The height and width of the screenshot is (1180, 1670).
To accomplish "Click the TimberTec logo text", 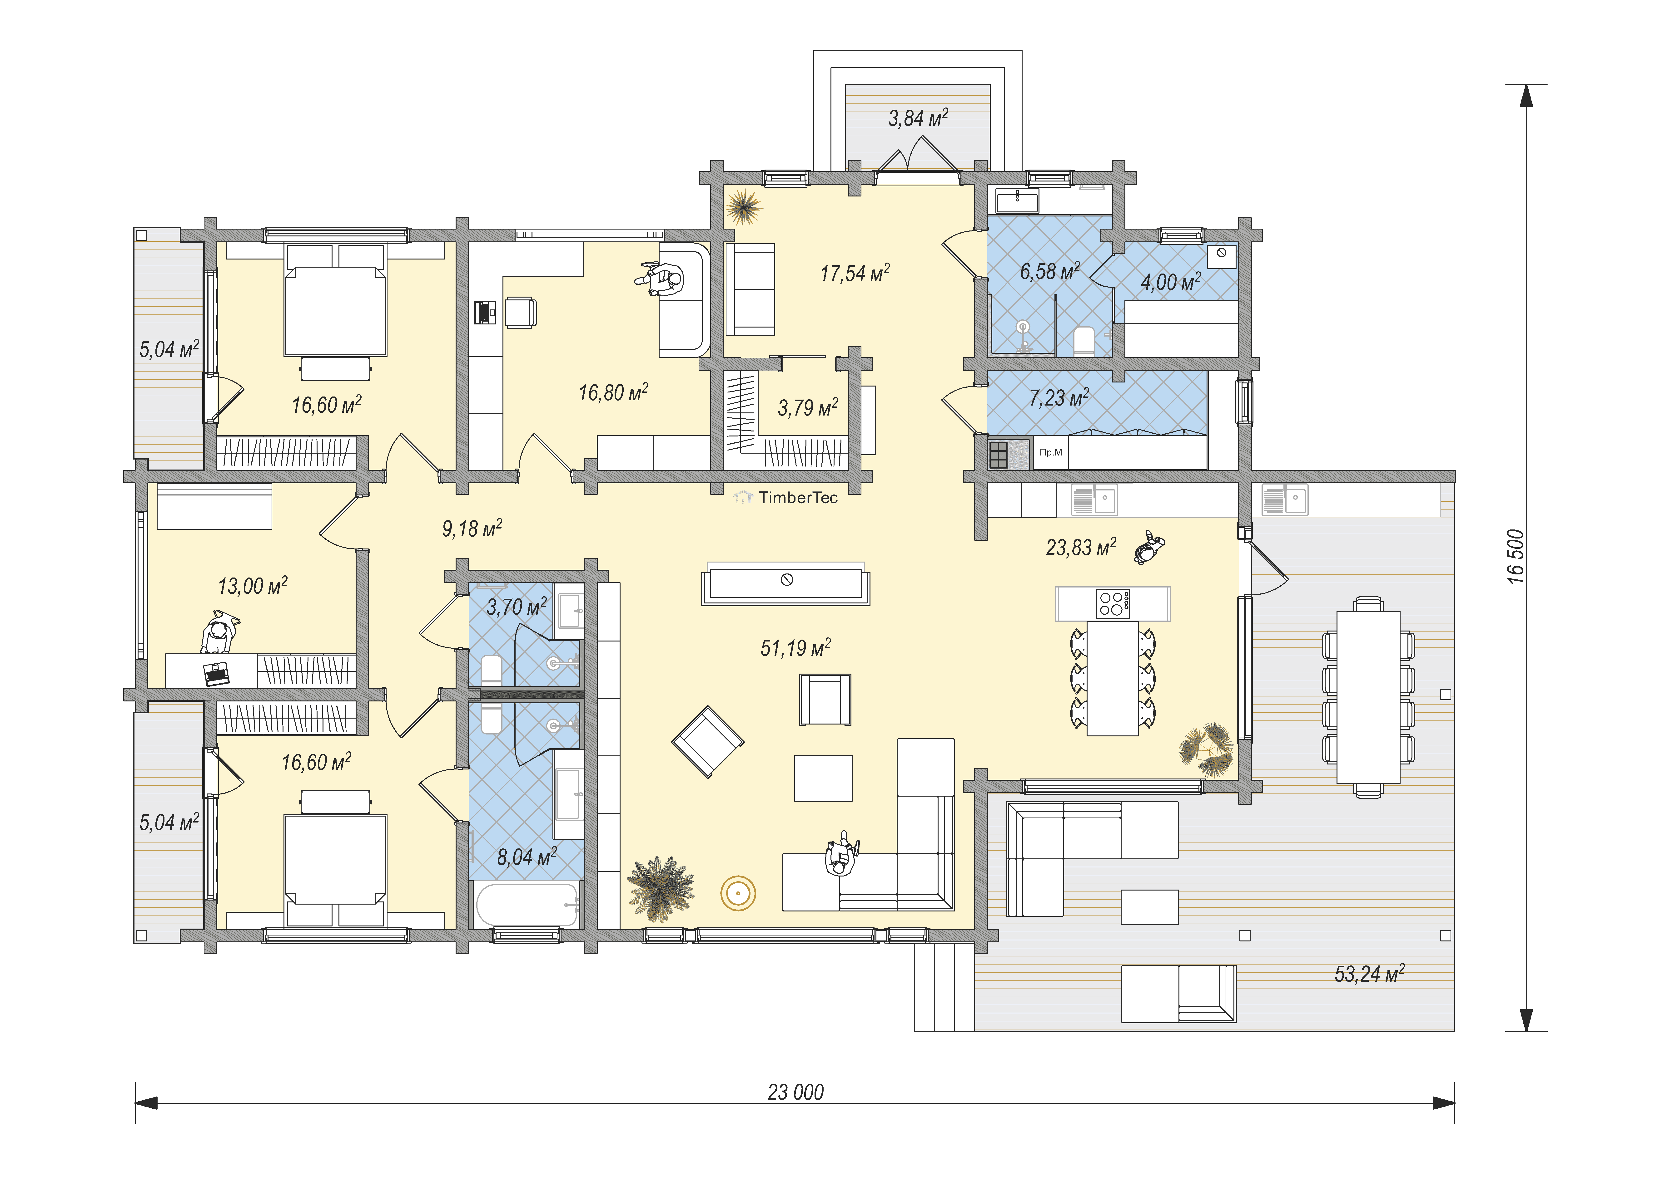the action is [798, 498].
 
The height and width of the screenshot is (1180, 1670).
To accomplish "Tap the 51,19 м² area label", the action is [796, 648].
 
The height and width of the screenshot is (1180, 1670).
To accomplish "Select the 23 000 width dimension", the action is [796, 1092].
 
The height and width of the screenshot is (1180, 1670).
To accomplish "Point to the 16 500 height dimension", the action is [1515, 557].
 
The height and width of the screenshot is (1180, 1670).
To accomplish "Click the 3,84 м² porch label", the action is [918, 118].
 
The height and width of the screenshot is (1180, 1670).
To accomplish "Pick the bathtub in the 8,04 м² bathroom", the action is [527, 905].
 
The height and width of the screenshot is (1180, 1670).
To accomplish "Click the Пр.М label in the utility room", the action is [1050, 452].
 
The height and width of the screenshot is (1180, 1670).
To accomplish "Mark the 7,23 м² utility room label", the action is [1059, 398].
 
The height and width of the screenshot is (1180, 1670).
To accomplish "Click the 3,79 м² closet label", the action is [808, 408].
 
